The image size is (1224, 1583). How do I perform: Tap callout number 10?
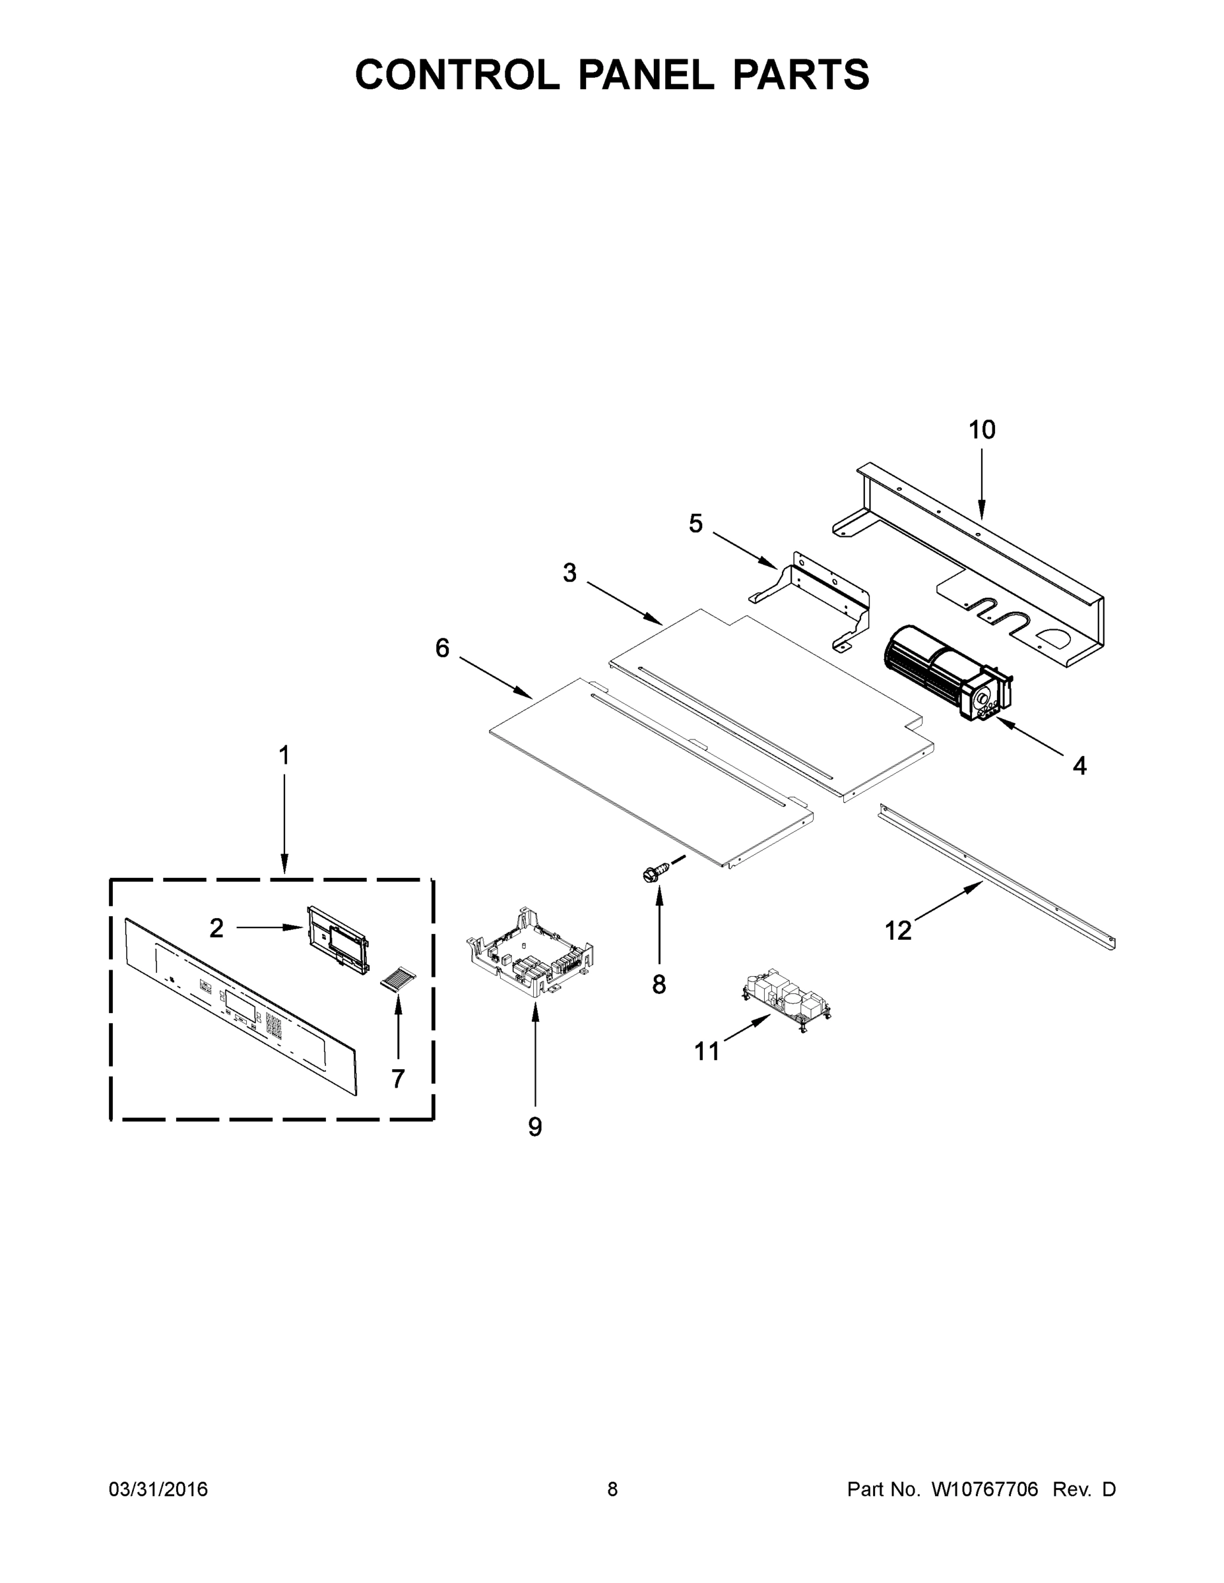982,430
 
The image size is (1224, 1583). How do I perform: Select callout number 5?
695,523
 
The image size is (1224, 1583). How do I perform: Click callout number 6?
442,648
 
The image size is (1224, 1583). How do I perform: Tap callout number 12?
897,931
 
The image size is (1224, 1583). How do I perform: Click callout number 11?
707,1050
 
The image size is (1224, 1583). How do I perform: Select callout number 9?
535,1127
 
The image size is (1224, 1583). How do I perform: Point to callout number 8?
659,984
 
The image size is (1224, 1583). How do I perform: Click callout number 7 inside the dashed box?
397,1078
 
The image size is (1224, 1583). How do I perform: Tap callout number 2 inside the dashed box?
216,928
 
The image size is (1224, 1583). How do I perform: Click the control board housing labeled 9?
529,955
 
